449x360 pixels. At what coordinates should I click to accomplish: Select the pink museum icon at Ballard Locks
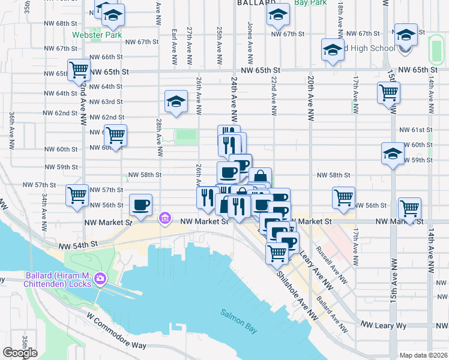coord(100,278)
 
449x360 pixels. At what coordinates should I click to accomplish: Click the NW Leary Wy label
coord(384,325)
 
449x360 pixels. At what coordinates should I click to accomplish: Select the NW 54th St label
coord(78,245)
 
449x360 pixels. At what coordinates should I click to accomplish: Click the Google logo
coord(20,352)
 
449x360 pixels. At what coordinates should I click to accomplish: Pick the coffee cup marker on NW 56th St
coord(140,205)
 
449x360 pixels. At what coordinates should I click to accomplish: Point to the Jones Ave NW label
coord(249,35)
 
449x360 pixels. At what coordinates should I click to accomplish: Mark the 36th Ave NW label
coord(11,130)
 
